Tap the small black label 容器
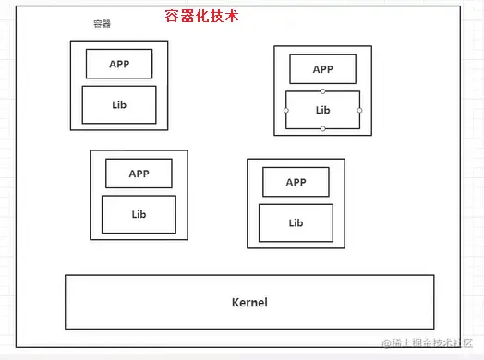tap(102, 23)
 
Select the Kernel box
tap(248, 302)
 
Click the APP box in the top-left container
tap(119, 64)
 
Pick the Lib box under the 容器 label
tap(119, 104)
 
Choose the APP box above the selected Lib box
tap(322, 69)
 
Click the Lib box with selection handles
tap(322, 110)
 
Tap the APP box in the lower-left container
tap(139, 173)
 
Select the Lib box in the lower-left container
tap(139, 214)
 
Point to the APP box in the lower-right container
tap(296, 182)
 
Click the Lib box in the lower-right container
tap(296, 222)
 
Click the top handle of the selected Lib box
tap(322, 91)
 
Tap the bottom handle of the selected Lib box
tap(322, 128)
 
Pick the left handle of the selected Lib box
tap(285, 110)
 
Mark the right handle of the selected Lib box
tap(359, 110)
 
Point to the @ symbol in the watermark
tap(386, 342)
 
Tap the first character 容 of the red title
tap(163, 16)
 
